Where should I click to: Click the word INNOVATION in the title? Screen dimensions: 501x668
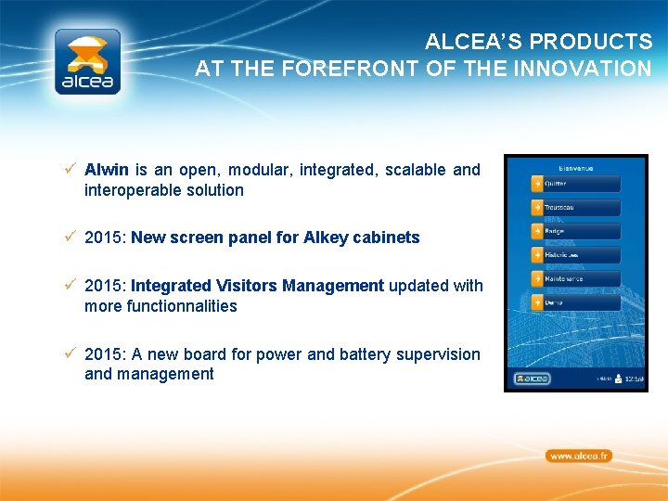pos(588,69)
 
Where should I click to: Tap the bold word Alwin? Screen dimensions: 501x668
pos(107,170)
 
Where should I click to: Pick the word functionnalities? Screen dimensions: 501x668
pos(161,306)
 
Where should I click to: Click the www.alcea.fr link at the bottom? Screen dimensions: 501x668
pos(578,456)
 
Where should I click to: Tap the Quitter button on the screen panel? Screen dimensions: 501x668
pos(575,183)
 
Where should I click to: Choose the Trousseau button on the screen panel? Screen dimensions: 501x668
pos(575,207)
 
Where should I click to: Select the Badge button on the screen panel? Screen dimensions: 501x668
pos(575,230)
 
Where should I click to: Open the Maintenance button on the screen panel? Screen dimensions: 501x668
pos(575,278)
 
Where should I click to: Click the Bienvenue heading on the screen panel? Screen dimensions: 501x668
pos(575,168)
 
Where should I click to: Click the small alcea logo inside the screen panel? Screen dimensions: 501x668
pos(533,379)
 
